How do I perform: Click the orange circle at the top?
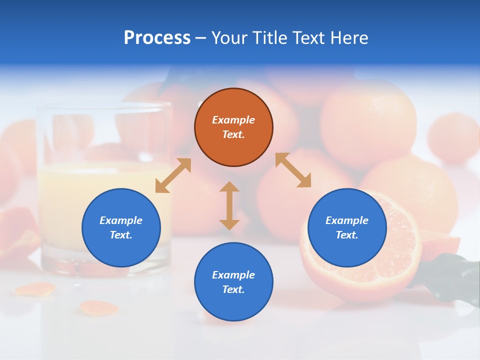click(233, 127)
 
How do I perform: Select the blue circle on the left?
click(121, 227)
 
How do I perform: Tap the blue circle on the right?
click(347, 227)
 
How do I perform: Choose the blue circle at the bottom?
click(233, 282)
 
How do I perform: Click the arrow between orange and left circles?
click(173, 175)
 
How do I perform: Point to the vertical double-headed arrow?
click(229, 205)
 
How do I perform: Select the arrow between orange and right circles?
click(293, 170)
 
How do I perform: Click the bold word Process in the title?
click(157, 37)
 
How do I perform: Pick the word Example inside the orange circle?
click(233, 120)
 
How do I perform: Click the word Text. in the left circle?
click(121, 235)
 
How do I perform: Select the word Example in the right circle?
click(347, 220)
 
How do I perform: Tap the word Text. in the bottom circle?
click(233, 289)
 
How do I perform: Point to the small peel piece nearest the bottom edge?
click(98, 308)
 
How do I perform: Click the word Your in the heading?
click(229, 37)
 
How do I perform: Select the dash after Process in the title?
click(201, 38)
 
